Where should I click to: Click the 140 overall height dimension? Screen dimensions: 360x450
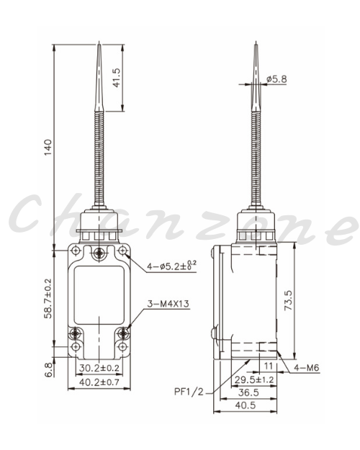[48, 147]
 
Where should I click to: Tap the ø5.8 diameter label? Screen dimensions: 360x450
[276, 79]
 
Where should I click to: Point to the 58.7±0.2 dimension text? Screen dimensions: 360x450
[48, 299]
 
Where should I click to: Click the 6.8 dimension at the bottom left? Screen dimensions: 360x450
[49, 370]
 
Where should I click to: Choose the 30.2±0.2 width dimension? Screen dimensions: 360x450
[99, 368]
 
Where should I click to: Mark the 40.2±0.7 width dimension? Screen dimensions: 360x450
[99, 382]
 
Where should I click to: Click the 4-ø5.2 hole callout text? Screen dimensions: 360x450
[172, 266]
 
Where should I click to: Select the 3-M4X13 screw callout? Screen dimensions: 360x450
[168, 304]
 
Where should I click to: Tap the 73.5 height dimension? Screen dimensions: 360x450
[288, 300]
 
